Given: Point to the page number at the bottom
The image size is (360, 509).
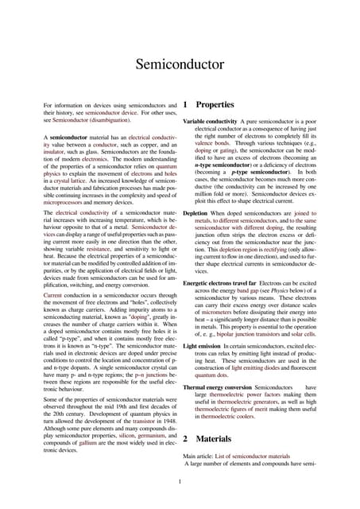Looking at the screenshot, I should click(180, 480).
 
